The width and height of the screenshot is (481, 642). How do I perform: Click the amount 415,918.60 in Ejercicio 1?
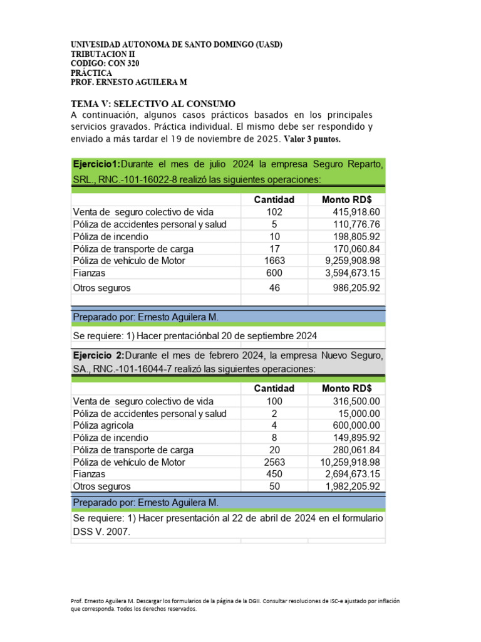[356, 212]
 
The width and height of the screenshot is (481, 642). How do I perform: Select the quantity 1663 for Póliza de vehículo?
[274, 261]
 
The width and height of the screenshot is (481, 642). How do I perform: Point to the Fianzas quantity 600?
[274, 273]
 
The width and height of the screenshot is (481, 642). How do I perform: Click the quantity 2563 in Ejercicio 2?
[274, 462]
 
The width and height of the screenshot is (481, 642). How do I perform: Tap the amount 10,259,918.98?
[346, 462]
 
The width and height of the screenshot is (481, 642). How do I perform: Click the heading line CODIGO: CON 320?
[105, 63]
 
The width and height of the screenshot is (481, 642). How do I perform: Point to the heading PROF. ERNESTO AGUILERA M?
[129, 82]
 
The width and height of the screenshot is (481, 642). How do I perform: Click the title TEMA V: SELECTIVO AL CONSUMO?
[153, 103]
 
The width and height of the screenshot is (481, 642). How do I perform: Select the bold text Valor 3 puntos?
[313, 139]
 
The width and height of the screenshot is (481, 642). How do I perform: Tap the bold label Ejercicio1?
[96, 164]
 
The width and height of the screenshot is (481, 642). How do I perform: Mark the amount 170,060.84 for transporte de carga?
[356, 249]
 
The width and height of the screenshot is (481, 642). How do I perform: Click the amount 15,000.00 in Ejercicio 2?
[359, 413]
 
